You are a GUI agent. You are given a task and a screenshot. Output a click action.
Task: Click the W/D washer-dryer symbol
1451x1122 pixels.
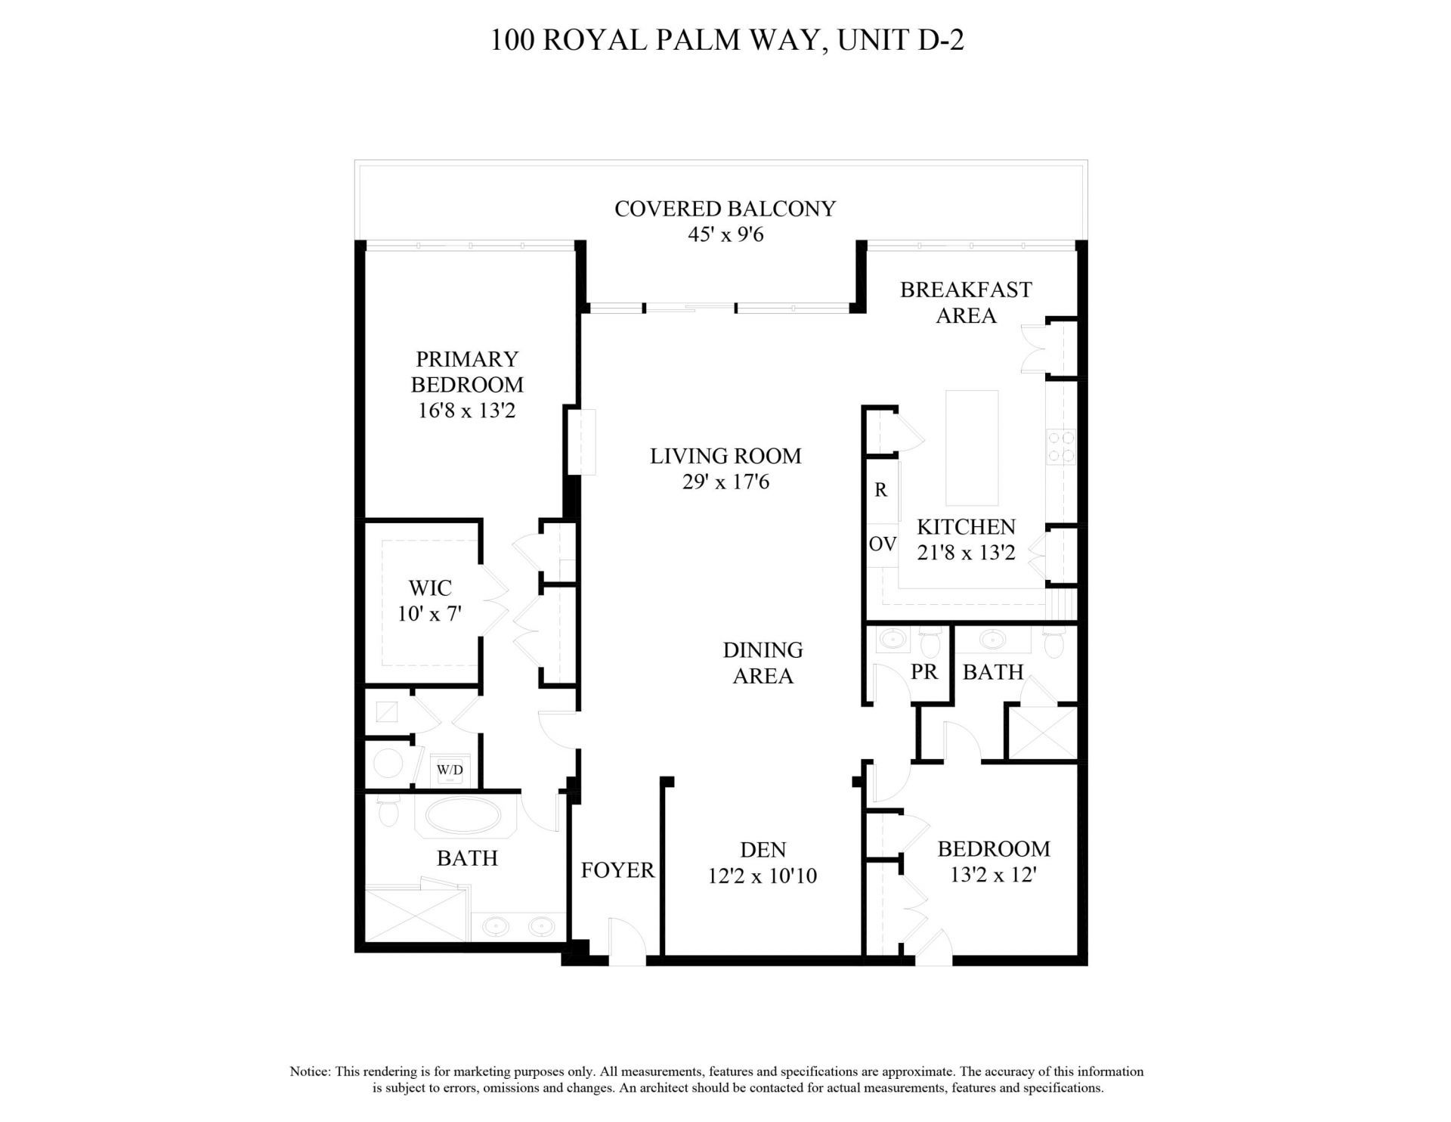point(450,770)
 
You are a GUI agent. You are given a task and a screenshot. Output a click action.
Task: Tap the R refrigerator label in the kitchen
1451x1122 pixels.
point(880,490)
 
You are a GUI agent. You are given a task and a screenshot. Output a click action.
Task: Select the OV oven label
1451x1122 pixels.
point(882,544)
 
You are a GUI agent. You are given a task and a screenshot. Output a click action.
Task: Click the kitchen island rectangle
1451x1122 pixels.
point(973,448)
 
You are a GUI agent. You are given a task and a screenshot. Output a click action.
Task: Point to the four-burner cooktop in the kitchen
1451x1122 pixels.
point(1060,446)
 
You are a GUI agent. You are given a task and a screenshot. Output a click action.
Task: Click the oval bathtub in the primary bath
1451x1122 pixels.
point(463,817)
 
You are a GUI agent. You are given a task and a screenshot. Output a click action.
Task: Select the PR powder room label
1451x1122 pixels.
point(924,671)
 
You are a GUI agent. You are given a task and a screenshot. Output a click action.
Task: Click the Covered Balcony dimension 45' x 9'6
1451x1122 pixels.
point(725,234)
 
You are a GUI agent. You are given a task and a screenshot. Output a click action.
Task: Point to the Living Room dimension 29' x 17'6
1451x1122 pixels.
point(725,482)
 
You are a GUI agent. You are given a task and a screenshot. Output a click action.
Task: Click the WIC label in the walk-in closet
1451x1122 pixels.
point(430,587)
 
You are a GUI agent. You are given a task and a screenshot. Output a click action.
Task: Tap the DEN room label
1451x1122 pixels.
point(763,850)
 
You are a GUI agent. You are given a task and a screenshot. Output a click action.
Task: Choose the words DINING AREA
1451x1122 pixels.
point(763,662)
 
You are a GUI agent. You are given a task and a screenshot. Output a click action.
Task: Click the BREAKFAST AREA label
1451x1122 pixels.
point(966,302)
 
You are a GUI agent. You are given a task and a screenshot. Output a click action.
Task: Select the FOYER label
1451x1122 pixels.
point(617,870)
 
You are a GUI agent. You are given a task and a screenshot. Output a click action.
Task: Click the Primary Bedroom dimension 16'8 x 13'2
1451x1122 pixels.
point(467,411)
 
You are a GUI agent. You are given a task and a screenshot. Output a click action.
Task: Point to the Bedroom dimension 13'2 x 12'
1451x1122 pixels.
point(993,875)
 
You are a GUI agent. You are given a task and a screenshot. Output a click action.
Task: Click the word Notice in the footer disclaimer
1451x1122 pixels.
point(310,1071)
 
